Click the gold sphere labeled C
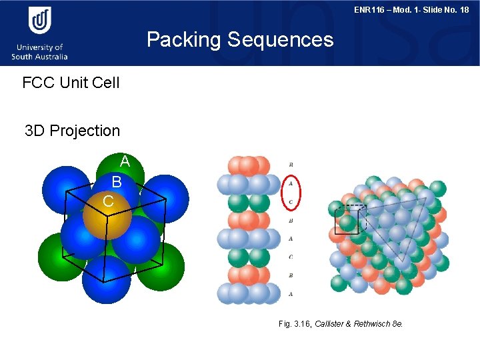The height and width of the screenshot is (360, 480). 107,213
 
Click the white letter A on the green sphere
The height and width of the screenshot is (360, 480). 125,161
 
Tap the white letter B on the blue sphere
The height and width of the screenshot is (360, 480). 117,182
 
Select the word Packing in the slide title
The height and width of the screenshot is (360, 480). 183,40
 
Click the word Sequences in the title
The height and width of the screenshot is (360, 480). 280,40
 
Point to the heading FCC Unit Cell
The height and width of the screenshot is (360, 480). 71,83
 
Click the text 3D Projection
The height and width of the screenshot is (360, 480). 72,131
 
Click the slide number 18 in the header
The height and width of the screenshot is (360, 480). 463,10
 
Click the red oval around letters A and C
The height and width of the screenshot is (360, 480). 291,192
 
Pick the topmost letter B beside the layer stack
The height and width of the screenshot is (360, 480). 291,164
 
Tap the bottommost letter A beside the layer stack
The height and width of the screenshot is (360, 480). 291,294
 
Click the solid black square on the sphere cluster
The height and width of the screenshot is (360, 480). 346,220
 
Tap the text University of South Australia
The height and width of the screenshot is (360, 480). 39,52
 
